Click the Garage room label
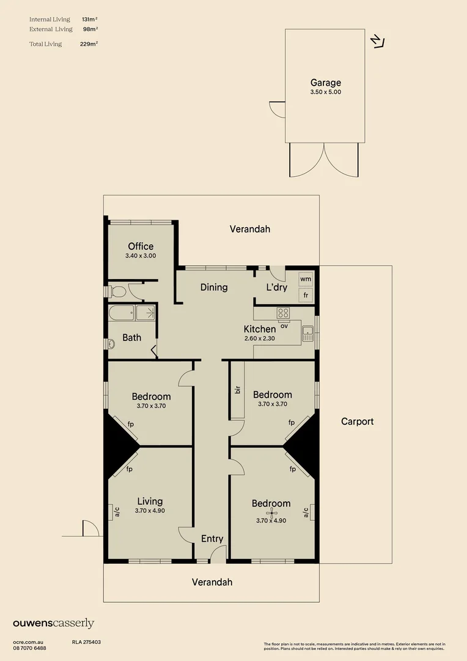coord(325,83)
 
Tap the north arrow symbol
coord(377,42)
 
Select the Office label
coord(141,247)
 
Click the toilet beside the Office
coord(118,291)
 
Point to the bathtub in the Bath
coord(122,314)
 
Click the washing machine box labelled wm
coord(306,279)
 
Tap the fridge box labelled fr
coord(306,295)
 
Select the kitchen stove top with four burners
coord(284,313)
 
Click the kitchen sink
coord(307,334)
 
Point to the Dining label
coord(214,287)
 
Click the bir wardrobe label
coord(237,389)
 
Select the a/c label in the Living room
coord(117,512)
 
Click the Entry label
coord(212,539)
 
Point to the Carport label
coord(357,421)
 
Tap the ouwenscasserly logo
coord(54,623)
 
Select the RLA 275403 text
coord(86,642)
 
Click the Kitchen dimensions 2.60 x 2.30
coord(260,338)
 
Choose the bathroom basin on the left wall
coord(111,343)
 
